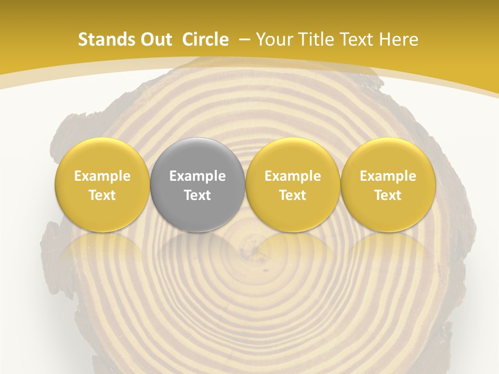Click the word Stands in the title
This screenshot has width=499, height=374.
pos(106,39)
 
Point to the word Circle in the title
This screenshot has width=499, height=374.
pos(205,39)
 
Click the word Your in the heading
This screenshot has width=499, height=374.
pos(274,39)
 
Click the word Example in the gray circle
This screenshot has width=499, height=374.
pos(198,176)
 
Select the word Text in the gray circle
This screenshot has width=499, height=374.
pos(198,195)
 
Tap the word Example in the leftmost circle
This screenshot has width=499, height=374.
pos(102,176)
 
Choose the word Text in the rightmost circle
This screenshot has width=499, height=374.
pos(388,195)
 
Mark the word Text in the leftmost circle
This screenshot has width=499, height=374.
pos(102,195)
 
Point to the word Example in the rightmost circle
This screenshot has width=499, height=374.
pos(388,176)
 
